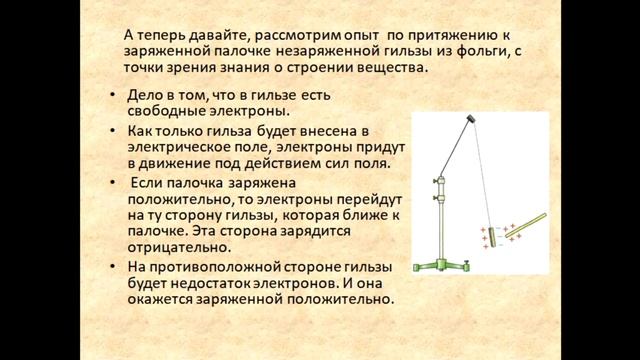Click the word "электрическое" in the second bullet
(x=176, y=147)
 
